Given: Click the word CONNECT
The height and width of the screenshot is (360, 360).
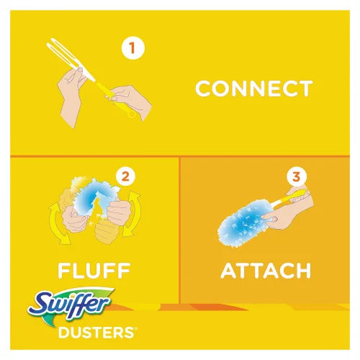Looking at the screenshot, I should pyautogui.click(x=254, y=89).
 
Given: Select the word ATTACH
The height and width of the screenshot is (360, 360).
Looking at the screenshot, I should pyautogui.click(x=265, y=271).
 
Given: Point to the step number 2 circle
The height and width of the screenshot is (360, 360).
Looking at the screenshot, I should pyautogui.click(x=127, y=175).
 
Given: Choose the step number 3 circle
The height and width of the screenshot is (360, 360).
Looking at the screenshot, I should pyautogui.click(x=294, y=176).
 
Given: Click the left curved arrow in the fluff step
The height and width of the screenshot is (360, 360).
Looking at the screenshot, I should pyautogui.click(x=54, y=223).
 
